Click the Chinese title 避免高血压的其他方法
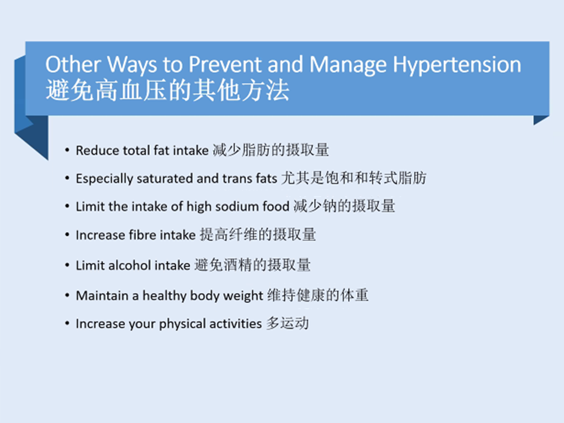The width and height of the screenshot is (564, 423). coord(167,90)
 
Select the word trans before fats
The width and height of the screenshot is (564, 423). coord(237,179)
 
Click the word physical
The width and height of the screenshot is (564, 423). coord(182,324)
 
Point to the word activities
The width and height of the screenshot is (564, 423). coord(236,324)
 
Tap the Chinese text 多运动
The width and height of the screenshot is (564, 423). coord(288,323)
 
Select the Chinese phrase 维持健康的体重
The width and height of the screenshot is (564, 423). coord(318,295)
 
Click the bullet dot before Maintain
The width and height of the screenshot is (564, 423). coord(67,296)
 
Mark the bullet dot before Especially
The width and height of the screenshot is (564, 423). coord(67,178)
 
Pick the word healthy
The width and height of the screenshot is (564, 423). coord(164,296)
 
